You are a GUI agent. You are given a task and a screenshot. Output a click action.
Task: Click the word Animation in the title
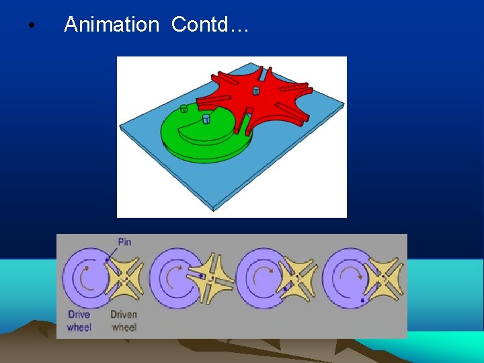[x=111, y=25]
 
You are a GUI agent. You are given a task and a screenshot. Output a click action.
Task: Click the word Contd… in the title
[x=210, y=25]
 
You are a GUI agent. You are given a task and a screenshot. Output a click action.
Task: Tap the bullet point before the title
[x=31, y=27]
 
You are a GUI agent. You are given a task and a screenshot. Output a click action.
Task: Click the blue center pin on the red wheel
[x=256, y=91]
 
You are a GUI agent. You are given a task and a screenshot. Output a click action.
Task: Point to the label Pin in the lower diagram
[x=124, y=241]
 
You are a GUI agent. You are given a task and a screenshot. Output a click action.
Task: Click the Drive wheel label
[x=79, y=321]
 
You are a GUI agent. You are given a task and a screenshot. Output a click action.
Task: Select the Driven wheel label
[x=124, y=321]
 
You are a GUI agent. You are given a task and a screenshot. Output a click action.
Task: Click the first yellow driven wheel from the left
[x=125, y=278]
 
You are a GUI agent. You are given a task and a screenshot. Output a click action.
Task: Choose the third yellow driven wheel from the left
[x=298, y=277]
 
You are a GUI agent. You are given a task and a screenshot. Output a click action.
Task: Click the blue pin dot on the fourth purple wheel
[x=364, y=300]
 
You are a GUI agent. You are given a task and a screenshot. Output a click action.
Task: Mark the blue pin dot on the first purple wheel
[x=107, y=259]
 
